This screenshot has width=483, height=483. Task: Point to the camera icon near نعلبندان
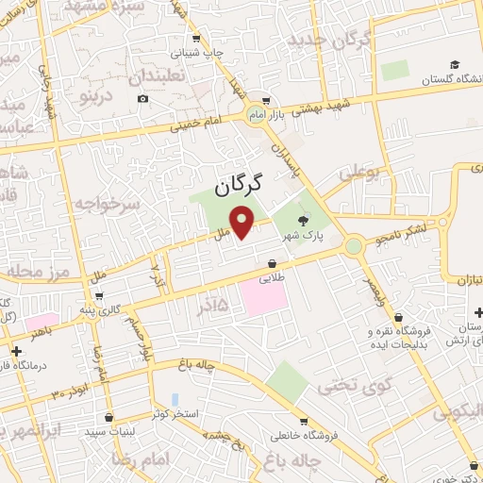(142, 98)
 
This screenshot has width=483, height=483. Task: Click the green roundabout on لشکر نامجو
(354, 246)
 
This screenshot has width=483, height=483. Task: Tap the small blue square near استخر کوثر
(175, 400)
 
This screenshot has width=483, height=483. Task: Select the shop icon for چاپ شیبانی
(195, 39)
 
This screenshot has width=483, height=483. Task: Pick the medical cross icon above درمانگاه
(16, 351)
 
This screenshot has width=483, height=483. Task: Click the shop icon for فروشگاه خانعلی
(302, 421)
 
